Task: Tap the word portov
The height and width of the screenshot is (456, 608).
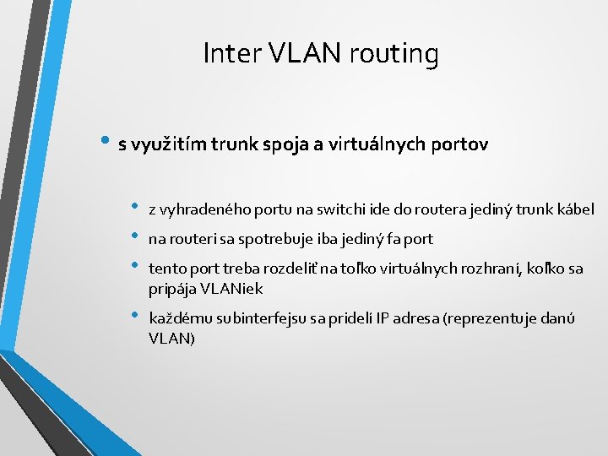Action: pyautogui.click(x=459, y=144)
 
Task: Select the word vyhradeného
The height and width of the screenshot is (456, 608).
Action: pyautogui.click(x=199, y=209)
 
